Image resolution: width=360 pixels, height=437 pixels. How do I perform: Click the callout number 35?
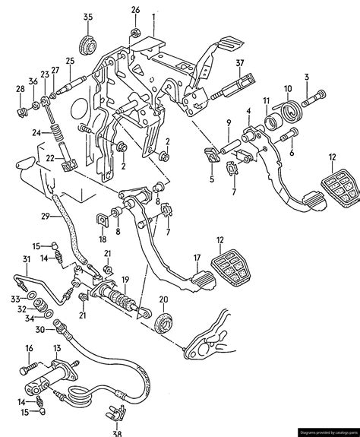click(88, 17)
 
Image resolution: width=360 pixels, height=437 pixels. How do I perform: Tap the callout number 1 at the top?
click(153, 16)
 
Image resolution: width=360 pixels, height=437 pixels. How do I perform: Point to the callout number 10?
click(287, 89)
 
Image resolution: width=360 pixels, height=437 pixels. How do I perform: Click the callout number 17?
click(196, 257)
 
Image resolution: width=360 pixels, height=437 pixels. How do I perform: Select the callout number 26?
click(135, 10)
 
